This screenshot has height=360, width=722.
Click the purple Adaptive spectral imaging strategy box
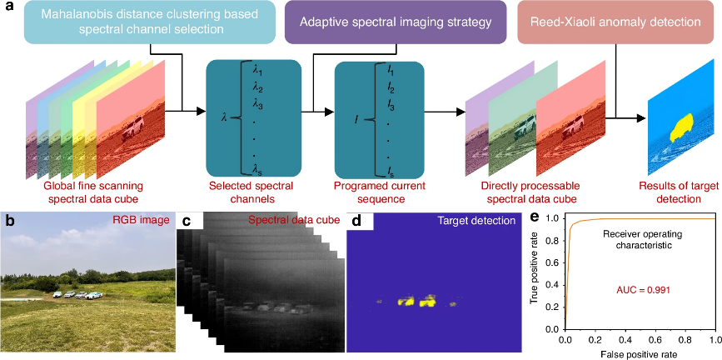coord(394,22)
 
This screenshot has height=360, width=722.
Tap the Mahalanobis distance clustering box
coord(150,22)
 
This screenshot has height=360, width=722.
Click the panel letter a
coord(7,7)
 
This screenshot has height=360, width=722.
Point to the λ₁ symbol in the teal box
coord(257,72)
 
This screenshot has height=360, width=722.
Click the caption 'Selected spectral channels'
coord(252,192)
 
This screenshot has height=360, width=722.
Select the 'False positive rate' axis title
coord(640,354)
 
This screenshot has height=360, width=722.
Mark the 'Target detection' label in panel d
coord(481,220)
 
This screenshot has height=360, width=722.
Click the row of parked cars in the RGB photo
coord(77,294)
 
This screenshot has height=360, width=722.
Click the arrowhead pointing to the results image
coord(640,118)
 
